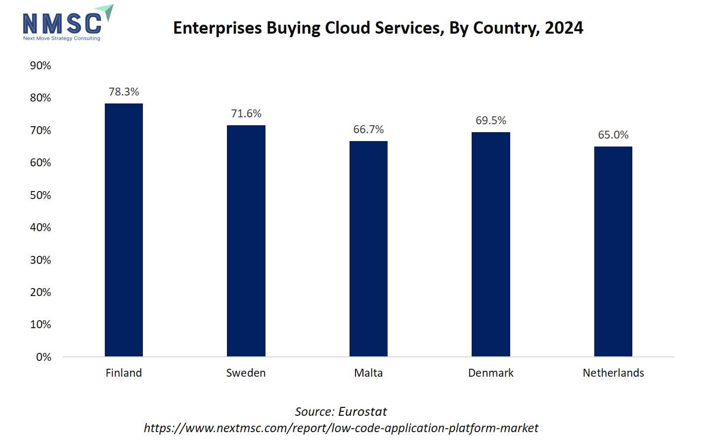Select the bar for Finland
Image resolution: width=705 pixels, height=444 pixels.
pyautogui.click(x=124, y=230)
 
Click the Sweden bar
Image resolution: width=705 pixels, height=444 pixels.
pyautogui.click(x=246, y=241)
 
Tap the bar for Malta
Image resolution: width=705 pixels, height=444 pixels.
pyautogui.click(x=368, y=248)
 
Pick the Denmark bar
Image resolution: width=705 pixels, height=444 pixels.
pyautogui.click(x=490, y=244)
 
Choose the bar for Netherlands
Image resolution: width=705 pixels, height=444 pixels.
pyautogui.click(x=613, y=251)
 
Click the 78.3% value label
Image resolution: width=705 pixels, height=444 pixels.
pyautogui.click(x=124, y=92)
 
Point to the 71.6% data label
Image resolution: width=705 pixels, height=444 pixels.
pyautogui.click(x=246, y=113)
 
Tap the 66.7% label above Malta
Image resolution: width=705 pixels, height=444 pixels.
pyautogui.click(x=368, y=129)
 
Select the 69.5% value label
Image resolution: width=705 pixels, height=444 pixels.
pyautogui.click(x=490, y=120)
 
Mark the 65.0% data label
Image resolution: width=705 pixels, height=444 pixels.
pyautogui.click(x=613, y=135)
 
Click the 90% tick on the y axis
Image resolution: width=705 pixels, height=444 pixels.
pyautogui.click(x=41, y=65)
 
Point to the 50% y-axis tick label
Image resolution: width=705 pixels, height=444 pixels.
pyautogui.click(x=41, y=195)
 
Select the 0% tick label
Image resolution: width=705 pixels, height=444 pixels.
pyautogui.click(x=44, y=357)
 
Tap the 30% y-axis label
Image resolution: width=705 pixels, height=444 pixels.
pyautogui.click(x=41, y=260)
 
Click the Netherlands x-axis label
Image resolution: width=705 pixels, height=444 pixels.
pyautogui.click(x=613, y=373)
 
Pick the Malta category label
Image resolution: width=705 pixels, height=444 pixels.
pyautogui.click(x=368, y=373)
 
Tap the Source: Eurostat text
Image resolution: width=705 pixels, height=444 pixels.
pyautogui.click(x=341, y=411)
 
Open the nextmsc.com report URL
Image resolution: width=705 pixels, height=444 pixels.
pyautogui.click(x=341, y=428)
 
